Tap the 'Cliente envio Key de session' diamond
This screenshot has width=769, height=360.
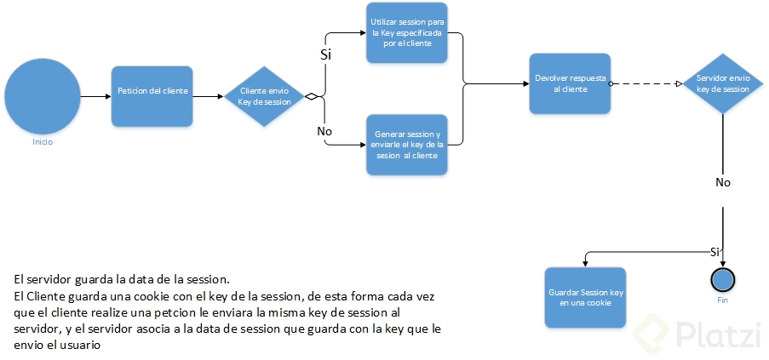click(266, 96)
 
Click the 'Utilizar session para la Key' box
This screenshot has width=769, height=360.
click(407, 31)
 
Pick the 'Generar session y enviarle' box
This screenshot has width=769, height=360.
click(407, 145)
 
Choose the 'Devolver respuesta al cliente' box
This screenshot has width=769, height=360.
click(570, 83)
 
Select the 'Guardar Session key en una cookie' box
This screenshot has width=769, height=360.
click(585, 297)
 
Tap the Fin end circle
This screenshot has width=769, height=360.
click(722, 279)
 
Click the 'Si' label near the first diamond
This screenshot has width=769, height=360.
click(325, 54)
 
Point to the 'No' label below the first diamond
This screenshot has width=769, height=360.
click(324, 132)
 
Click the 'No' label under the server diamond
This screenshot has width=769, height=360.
click(722, 182)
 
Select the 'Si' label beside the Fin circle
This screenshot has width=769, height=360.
click(715, 252)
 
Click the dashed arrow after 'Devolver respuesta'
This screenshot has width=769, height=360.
click(647, 83)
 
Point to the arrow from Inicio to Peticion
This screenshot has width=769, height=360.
click(95, 96)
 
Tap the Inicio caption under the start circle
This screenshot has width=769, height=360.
click(43, 142)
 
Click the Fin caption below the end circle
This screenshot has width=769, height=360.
click(722, 300)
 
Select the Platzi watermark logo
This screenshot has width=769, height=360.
click(695, 334)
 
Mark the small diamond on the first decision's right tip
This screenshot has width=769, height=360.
click(312, 96)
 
